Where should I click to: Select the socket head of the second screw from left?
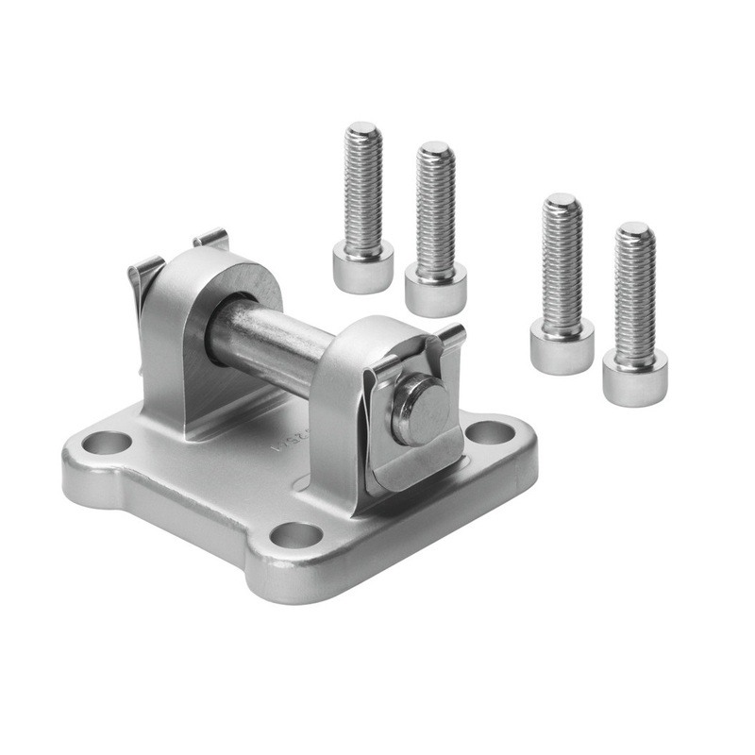[435, 289]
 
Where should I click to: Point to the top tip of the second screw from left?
[435, 148]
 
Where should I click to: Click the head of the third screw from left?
[562, 345]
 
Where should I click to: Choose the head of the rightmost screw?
[634, 376]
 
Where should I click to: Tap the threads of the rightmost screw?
[634, 293]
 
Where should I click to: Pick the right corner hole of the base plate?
[491, 433]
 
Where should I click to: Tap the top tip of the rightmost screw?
[634, 228]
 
